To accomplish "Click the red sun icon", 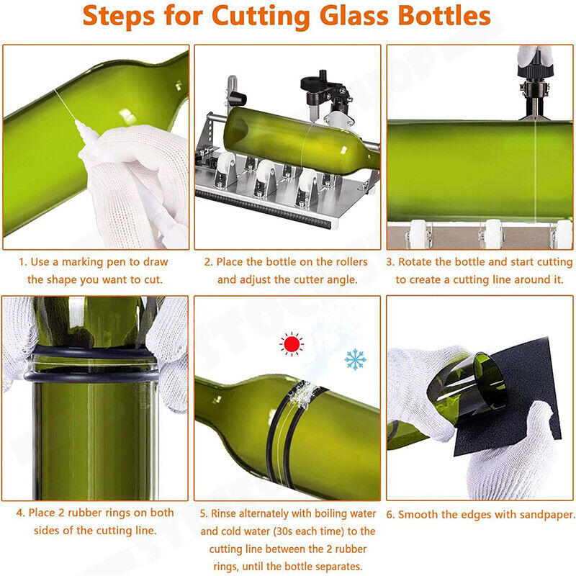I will point(291,344).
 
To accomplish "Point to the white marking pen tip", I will point(78,127).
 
